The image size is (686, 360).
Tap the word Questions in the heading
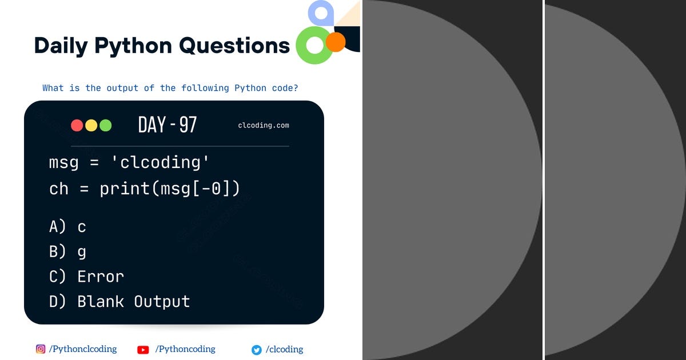coord(234,46)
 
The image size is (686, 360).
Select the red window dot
coord(77,125)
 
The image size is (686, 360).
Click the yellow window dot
coord(91,125)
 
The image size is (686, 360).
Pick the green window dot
coord(106,125)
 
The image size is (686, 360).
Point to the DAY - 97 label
coord(167,125)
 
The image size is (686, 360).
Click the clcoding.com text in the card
coord(264,125)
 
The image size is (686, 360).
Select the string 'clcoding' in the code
coord(160,163)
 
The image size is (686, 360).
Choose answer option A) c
coord(67,227)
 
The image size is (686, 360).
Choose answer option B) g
coord(67,251)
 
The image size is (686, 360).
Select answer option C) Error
coord(86,277)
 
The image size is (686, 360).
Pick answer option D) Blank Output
coord(119,302)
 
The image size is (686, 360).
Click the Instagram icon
coord(41,349)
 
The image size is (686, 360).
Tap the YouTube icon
coord(143,350)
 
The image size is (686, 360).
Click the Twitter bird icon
coord(257,350)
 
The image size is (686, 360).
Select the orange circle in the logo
coord(336,42)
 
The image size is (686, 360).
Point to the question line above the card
coord(170,88)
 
